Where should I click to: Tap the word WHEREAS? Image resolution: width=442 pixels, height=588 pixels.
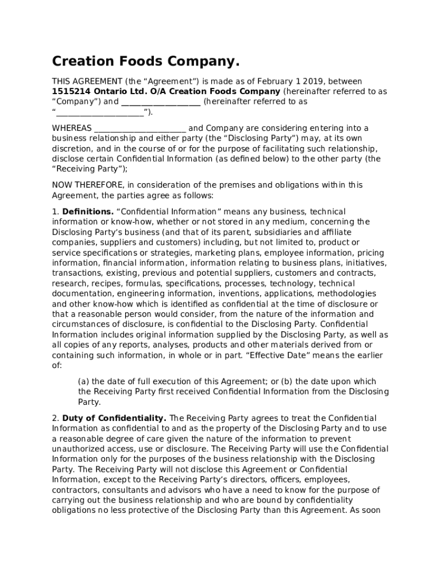(x=72, y=128)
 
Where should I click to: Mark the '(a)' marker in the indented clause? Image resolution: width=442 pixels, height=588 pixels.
(x=84, y=382)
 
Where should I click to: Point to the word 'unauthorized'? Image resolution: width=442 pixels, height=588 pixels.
(x=80, y=449)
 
